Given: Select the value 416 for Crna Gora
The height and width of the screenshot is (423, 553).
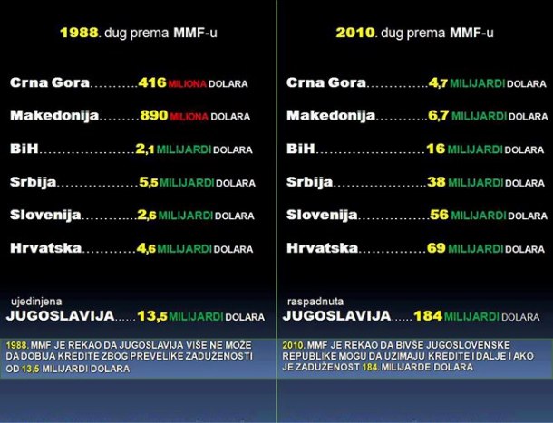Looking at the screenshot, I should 152,82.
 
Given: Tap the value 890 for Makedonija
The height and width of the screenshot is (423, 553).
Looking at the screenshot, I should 154,116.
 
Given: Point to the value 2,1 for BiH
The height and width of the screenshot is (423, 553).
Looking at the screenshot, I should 145,149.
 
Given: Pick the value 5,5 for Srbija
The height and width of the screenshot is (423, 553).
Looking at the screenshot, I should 148,182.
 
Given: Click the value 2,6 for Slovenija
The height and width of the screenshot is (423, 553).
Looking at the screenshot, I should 147,215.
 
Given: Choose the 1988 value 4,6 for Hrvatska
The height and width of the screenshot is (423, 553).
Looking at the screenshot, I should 147,247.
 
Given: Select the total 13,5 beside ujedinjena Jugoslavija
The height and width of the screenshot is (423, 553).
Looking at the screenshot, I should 151,316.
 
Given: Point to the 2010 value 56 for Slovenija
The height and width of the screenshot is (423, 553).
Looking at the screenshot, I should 440,215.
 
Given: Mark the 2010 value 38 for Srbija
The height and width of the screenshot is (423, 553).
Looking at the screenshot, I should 437,182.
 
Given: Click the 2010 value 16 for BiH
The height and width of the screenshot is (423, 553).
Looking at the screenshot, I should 435,149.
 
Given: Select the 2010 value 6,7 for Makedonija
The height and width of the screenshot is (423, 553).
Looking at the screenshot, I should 438,116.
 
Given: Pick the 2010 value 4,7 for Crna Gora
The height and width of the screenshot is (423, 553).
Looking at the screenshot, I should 438,82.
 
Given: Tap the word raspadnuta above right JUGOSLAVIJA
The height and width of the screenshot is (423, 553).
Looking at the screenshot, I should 311,299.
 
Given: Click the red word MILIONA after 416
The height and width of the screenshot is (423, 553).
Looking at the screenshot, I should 188,83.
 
